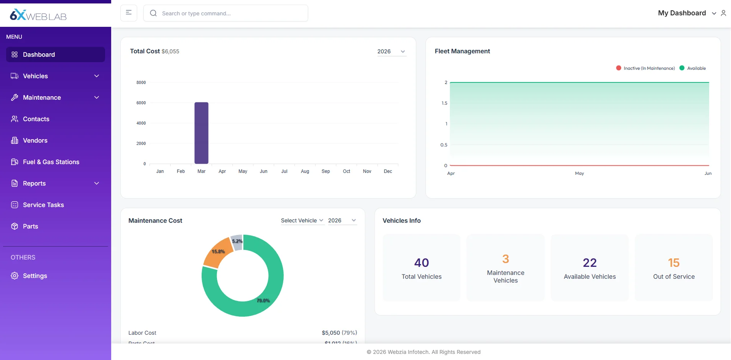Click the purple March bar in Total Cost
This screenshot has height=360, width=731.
point(201,133)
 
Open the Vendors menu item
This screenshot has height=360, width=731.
point(35,140)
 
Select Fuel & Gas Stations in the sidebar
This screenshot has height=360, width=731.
point(51,162)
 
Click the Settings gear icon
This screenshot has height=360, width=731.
point(15,276)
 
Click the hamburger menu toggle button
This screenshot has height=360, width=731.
point(129,13)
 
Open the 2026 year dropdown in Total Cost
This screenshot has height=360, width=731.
point(391,51)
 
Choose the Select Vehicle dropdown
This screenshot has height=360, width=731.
point(302,220)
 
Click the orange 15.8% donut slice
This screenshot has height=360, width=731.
point(217,253)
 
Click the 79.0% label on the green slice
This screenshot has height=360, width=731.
point(263,301)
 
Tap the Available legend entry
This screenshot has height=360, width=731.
point(693,68)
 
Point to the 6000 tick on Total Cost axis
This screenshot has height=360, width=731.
point(141,103)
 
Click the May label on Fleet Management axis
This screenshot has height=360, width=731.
point(579,173)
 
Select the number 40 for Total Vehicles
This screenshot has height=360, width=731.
point(421,263)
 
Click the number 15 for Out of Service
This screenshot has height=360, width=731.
point(674,263)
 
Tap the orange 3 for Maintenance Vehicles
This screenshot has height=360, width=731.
point(506,259)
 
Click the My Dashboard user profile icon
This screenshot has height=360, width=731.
point(723,13)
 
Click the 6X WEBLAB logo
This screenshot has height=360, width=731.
point(38,15)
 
